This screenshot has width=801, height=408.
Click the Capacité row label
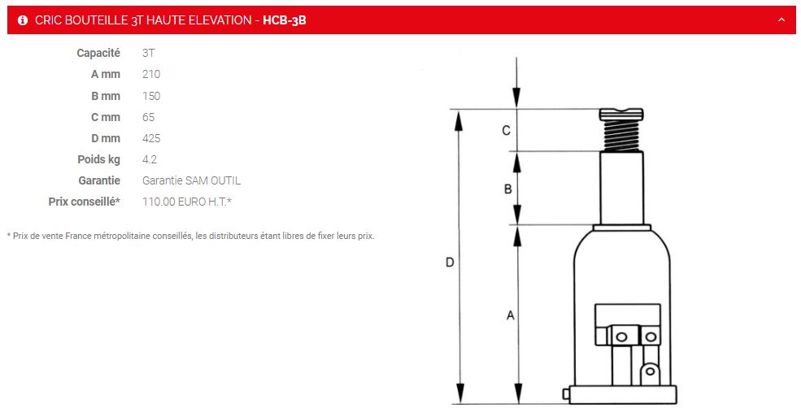pos(98,53)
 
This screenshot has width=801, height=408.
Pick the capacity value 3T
pos(148,53)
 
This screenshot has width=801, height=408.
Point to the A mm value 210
pos(151,74)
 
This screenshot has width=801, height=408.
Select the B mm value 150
pos(151,96)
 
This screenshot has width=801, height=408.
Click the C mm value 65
pos(148,117)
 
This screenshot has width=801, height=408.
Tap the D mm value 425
pos(151,138)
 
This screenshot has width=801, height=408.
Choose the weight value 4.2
pos(149,159)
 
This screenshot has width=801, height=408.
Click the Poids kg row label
pos(98,159)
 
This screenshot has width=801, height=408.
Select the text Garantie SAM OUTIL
pos(191,180)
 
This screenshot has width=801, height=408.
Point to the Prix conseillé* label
pos(85,202)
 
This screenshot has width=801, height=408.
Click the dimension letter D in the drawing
pos(449,263)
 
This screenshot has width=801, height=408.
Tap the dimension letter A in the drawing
pos(510,315)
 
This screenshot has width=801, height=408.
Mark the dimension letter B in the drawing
pos(507,189)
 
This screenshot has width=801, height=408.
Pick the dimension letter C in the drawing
pos(506,130)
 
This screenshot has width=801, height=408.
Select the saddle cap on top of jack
pos(622,115)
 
